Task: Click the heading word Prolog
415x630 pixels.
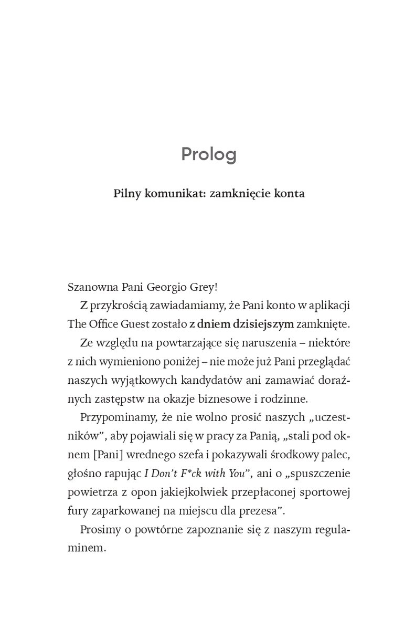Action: coord(208,154)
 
